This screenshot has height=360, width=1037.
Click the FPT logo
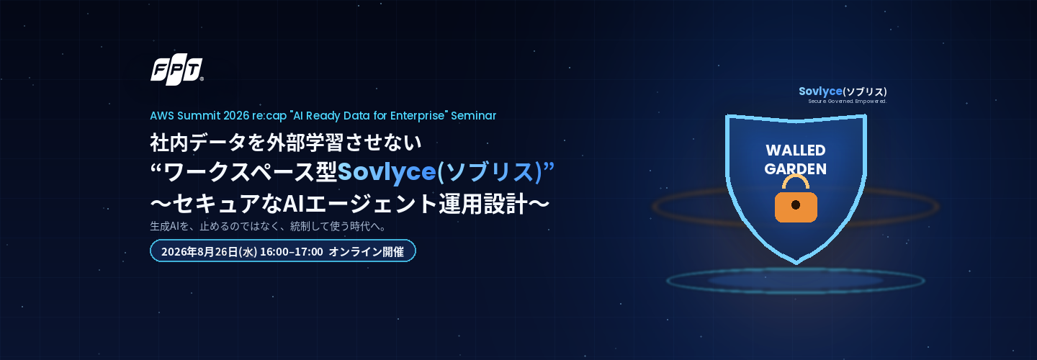[x=177, y=71]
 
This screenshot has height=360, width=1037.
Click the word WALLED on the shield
[x=795, y=150]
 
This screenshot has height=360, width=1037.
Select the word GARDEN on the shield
[x=795, y=168]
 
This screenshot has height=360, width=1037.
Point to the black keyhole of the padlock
[x=796, y=205]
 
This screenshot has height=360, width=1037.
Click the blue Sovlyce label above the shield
[x=820, y=91]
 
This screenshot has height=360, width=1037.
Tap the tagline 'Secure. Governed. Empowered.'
[x=847, y=102]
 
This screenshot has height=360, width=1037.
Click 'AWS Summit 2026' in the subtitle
[x=199, y=116]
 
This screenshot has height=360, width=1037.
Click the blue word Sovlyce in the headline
[x=387, y=171]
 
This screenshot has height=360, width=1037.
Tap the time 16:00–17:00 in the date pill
[x=292, y=252]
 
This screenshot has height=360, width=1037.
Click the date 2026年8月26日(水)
[x=209, y=252]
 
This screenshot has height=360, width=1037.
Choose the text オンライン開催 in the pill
[x=366, y=252]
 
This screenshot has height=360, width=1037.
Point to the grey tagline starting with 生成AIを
[x=268, y=226]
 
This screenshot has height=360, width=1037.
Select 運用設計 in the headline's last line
[x=482, y=204]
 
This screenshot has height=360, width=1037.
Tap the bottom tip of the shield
[x=796, y=264]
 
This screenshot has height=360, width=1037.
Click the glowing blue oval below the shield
[x=796, y=280]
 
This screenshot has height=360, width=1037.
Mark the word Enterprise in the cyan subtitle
[x=418, y=116]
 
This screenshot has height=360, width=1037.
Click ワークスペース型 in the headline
[x=250, y=171]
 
